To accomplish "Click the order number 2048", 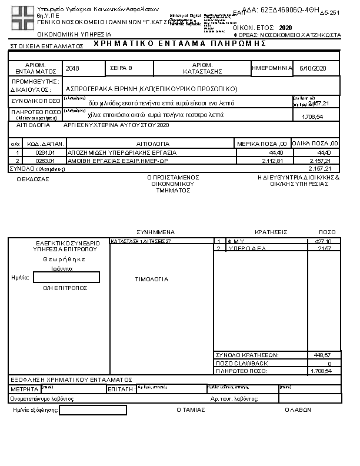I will (72, 69).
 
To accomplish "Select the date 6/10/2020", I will (312, 69).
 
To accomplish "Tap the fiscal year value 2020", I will (285, 28).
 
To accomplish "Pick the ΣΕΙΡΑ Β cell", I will (122, 69).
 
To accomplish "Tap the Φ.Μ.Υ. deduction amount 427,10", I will (324, 241).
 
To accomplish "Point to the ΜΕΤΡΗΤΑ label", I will (24, 390).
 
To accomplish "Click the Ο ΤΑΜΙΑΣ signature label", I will (191, 410).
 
